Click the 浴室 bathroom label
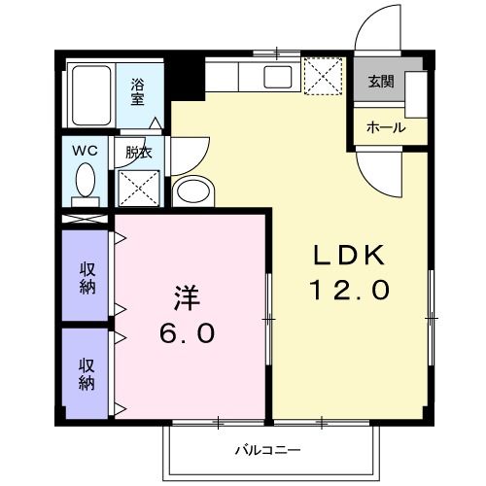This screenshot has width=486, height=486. tap(138, 90)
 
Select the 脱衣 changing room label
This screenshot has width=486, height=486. tap(138, 152)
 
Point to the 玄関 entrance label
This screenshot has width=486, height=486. tap(379, 82)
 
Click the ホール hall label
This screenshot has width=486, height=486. tap(385, 127)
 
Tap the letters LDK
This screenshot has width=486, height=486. tap(349, 255)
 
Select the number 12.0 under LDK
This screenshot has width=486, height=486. tap(349, 289)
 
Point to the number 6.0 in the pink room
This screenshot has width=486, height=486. tap(188, 332)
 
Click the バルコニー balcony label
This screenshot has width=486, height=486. tap(266, 450)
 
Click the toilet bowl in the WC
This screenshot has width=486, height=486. tap(86, 181)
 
